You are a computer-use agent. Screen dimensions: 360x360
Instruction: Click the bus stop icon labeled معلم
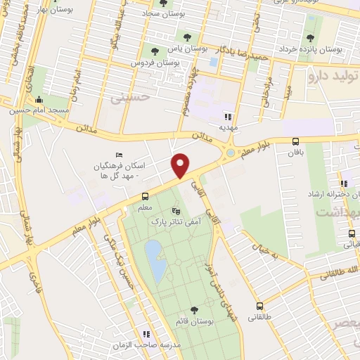146,196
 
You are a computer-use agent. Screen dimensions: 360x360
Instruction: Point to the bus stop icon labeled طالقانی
260,306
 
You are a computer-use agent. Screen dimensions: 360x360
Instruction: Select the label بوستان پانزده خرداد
328,50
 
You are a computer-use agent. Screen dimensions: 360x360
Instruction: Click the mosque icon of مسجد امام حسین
38,98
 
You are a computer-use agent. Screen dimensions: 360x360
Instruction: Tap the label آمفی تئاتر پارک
176,221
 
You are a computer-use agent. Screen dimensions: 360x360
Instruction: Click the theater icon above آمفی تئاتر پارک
176,210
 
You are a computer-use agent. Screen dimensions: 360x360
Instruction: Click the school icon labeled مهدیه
227,116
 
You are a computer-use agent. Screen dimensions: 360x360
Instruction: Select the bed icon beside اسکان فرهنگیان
119,156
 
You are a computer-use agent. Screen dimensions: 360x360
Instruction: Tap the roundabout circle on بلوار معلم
231,153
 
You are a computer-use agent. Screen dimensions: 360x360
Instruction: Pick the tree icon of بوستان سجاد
163,4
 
